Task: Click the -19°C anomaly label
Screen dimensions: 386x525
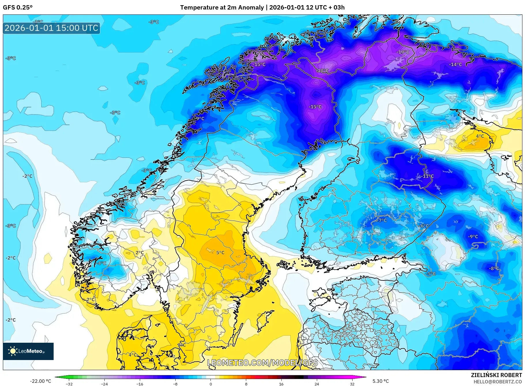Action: coord(403,52)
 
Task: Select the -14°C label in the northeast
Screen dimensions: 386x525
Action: coord(455,65)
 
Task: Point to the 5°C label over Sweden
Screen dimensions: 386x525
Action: coord(220,253)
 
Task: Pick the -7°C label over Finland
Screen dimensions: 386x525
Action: coord(382,220)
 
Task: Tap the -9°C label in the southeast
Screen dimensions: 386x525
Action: coord(473,237)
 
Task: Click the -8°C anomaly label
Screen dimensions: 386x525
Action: coord(494,268)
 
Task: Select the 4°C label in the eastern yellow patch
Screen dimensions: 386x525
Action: coord(480,136)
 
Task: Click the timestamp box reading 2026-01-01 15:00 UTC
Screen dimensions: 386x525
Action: coord(51,28)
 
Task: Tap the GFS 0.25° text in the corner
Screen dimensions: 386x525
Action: coord(18,8)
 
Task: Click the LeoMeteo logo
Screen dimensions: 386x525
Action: coord(28,351)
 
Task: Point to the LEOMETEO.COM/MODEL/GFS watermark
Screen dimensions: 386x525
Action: coord(262,363)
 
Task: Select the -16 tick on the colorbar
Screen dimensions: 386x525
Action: coord(140,384)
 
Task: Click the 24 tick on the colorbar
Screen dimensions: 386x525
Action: coord(317,384)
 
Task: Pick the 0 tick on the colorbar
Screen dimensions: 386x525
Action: coord(211,384)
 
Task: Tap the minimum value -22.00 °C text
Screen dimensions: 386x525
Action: coord(40,381)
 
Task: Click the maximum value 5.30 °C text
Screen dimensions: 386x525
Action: coord(381,381)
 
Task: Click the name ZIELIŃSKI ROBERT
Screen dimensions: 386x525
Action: coord(496,375)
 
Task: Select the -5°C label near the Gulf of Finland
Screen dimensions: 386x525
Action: coord(431,274)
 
